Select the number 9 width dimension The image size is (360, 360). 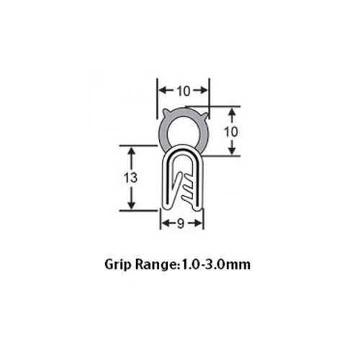182,223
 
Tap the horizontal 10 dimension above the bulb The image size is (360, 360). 184,91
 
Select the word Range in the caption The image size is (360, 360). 159,264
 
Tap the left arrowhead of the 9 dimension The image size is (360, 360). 164,223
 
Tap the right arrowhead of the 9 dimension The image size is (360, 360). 201,223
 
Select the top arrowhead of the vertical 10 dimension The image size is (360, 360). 233,112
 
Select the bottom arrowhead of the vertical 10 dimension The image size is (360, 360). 233,152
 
